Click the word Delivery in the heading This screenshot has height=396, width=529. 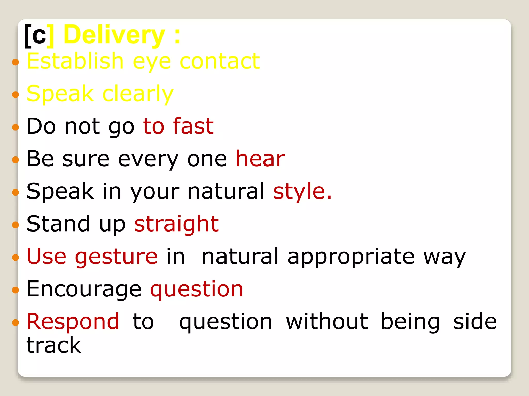pyautogui.click(x=114, y=35)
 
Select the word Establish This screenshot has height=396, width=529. pyautogui.click(x=75, y=61)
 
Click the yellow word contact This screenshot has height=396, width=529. pyautogui.click(x=220, y=61)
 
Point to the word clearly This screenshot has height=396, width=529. pyautogui.click(x=138, y=94)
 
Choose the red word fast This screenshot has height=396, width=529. pyautogui.click(x=193, y=126)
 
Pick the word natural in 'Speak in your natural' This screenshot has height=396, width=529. pyautogui.click(x=226, y=191)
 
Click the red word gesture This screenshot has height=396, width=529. pyautogui.click(x=116, y=257)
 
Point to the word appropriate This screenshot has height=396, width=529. pyautogui.click(x=351, y=257)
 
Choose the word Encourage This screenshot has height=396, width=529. pyautogui.click(x=84, y=289)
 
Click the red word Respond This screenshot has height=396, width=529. pyautogui.click(x=73, y=321)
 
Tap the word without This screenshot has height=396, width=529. pyautogui.click(x=327, y=321)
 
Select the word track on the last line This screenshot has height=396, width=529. pyautogui.click(x=54, y=345)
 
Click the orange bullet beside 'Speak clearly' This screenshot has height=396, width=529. pyautogui.click(x=15, y=95)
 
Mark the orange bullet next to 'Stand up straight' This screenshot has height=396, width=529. pyautogui.click(x=15, y=225)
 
